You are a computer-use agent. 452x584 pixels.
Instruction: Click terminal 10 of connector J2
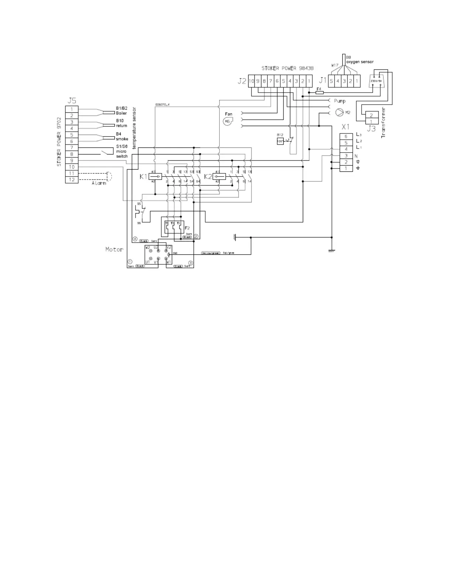[251, 81]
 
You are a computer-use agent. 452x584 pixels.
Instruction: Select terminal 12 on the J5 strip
[72, 180]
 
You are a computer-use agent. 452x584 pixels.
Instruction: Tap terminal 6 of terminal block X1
[346, 136]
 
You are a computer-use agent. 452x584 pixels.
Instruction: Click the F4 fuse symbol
[320, 92]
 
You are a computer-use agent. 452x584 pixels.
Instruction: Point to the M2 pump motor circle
[339, 112]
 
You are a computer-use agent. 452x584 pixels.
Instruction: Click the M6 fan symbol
[228, 121]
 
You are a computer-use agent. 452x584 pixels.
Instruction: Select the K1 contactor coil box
[156, 177]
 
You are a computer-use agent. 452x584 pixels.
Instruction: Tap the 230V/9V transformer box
[377, 81]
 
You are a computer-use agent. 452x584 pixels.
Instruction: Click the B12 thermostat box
[280, 141]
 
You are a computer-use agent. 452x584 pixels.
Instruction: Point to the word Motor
[114, 250]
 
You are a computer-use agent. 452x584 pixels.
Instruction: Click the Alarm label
[99, 183]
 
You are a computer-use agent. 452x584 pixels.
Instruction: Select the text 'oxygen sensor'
[360, 62]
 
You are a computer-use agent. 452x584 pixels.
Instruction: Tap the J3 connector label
[371, 129]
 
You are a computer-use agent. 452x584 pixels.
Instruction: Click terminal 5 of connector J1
[331, 81]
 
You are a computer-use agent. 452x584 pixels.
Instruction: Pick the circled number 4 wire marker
[135, 239]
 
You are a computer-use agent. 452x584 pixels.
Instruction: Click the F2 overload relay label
[187, 228]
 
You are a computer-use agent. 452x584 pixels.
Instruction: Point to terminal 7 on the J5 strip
[72, 148]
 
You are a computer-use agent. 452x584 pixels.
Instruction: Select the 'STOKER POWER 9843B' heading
[287, 69]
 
